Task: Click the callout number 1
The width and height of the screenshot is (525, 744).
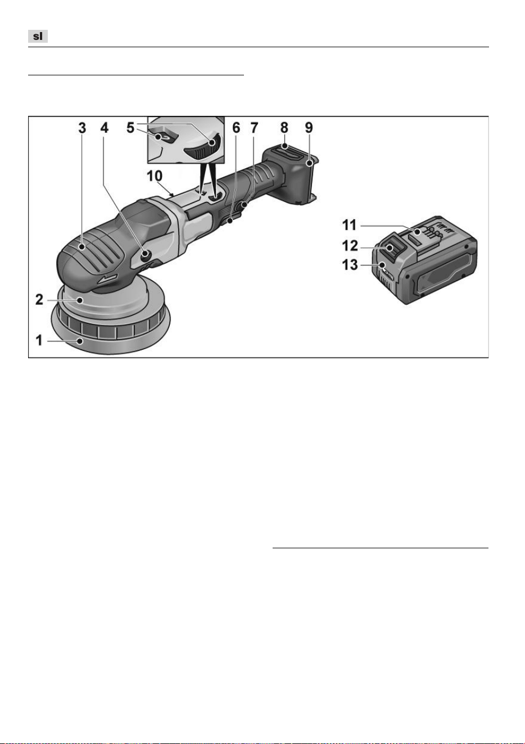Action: tap(39, 340)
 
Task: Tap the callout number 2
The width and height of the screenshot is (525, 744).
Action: tap(39, 300)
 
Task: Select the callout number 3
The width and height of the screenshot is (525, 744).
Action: tap(82, 128)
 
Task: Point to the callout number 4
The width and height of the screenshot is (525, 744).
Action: tap(105, 128)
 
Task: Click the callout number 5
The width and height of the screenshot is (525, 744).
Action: tap(130, 128)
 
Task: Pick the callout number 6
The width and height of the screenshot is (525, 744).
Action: tap(236, 128)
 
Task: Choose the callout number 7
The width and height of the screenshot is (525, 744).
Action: tap(255, 128)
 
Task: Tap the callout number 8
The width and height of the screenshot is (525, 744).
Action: tap(284, 128)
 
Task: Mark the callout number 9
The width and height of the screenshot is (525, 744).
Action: tap(309, 128)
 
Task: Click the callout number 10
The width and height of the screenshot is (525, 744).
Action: tap(155, 176)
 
